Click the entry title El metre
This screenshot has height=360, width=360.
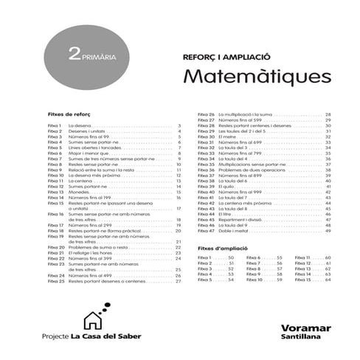[226, 137]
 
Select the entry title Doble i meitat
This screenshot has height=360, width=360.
[232, 232]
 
